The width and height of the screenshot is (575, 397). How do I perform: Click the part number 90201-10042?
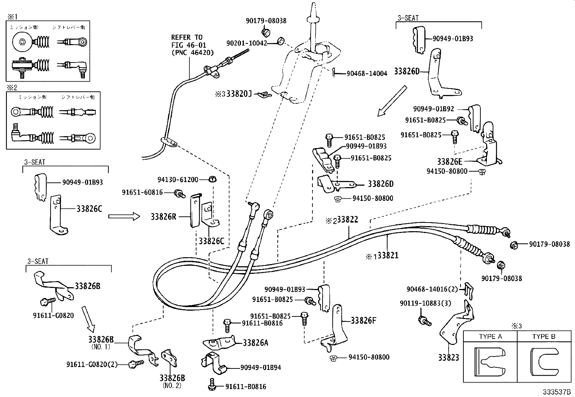[246, 43]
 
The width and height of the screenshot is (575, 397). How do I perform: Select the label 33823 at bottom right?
[448, 358]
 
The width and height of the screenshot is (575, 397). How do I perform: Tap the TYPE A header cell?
[490, 337]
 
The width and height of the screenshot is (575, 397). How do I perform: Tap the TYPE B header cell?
[543, 337]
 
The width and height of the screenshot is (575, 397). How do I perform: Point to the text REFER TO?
[186, 37]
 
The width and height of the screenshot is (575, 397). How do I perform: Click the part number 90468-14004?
[367, 74]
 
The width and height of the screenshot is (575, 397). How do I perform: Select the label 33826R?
[164, 217]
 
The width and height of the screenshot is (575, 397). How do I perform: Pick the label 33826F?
[363, 320]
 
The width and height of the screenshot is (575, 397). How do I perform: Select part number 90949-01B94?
[260, 368]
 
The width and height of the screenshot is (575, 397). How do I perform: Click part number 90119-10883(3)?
[425, 303]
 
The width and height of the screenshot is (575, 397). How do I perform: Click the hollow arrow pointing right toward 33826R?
[124, 216]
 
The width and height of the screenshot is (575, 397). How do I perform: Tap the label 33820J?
[238, 94]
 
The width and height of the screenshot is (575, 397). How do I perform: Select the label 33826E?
[450, 161]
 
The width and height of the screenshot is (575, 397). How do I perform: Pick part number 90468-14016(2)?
[432, 289]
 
